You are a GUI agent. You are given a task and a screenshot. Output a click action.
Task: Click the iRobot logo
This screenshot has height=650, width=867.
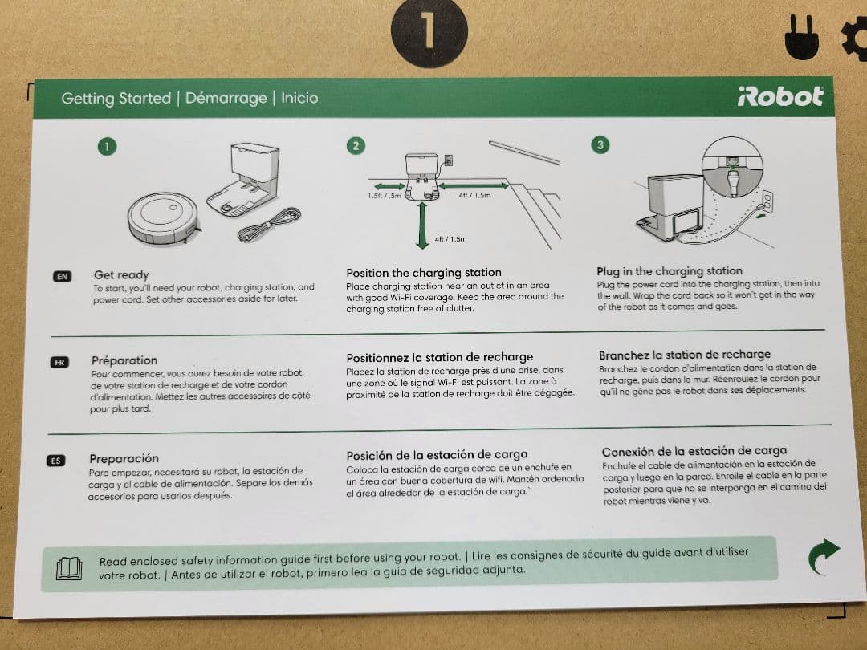pyautogui.click(x=780, y=97)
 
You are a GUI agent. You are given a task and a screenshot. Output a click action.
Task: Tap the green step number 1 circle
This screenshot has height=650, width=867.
pyautogui.click(x=108, y=147)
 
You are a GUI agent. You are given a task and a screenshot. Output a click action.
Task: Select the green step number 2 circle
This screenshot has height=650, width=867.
pyautogui.click(x=356, y=146)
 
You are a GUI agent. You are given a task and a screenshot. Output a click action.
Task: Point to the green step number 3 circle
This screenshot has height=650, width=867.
pyautogui.click(x=600, y=144)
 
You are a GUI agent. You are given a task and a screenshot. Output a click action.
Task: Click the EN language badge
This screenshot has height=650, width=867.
pyautogui.click(x=62, y=276)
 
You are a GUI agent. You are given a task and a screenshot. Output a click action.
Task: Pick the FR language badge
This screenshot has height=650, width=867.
pyautogui.click(x=59, y=363)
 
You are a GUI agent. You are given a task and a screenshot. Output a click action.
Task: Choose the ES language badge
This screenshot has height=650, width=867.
pyautogui.click(x=56, y=461)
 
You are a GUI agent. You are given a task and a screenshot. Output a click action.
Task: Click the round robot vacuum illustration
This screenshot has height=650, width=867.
pyautogui.click(x=163, y=217)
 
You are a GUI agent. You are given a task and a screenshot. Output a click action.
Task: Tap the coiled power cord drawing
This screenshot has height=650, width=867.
pyautogui.click(x=269, y=225)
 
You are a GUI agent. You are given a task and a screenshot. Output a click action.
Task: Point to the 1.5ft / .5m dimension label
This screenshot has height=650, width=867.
pyautogui.click(x=385, y=196)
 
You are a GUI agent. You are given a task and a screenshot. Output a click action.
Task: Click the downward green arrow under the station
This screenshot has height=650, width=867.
pyautogui.click(x=422, y=225)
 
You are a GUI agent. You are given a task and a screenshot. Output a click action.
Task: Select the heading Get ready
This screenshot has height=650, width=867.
pyautogui.click(x=121, y=274)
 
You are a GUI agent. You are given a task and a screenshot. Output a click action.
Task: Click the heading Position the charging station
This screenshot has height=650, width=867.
pyautogui.click(x=424, y=273)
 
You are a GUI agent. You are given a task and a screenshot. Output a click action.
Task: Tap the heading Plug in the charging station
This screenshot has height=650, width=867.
pyautogui.click(x=669, y=271)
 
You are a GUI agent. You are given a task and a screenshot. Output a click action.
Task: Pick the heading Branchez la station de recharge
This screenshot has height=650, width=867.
pyautogui.click(x=685, y=355)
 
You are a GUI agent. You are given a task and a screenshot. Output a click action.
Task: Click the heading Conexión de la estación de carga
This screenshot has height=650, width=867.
pyautogui.click(x=694, y=451)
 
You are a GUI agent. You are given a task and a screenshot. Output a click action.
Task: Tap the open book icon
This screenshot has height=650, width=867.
pyautogui.click(x=69, y=569)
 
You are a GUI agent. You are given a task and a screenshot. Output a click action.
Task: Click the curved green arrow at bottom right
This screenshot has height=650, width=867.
pyautogui.click(x=823, y=556)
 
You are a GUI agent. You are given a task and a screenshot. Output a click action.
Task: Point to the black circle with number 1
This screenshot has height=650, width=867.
pyautogui.click(x=429, y=31)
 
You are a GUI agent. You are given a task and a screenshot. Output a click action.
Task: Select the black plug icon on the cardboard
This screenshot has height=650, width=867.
pyautogui.click(x=802, y=38)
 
